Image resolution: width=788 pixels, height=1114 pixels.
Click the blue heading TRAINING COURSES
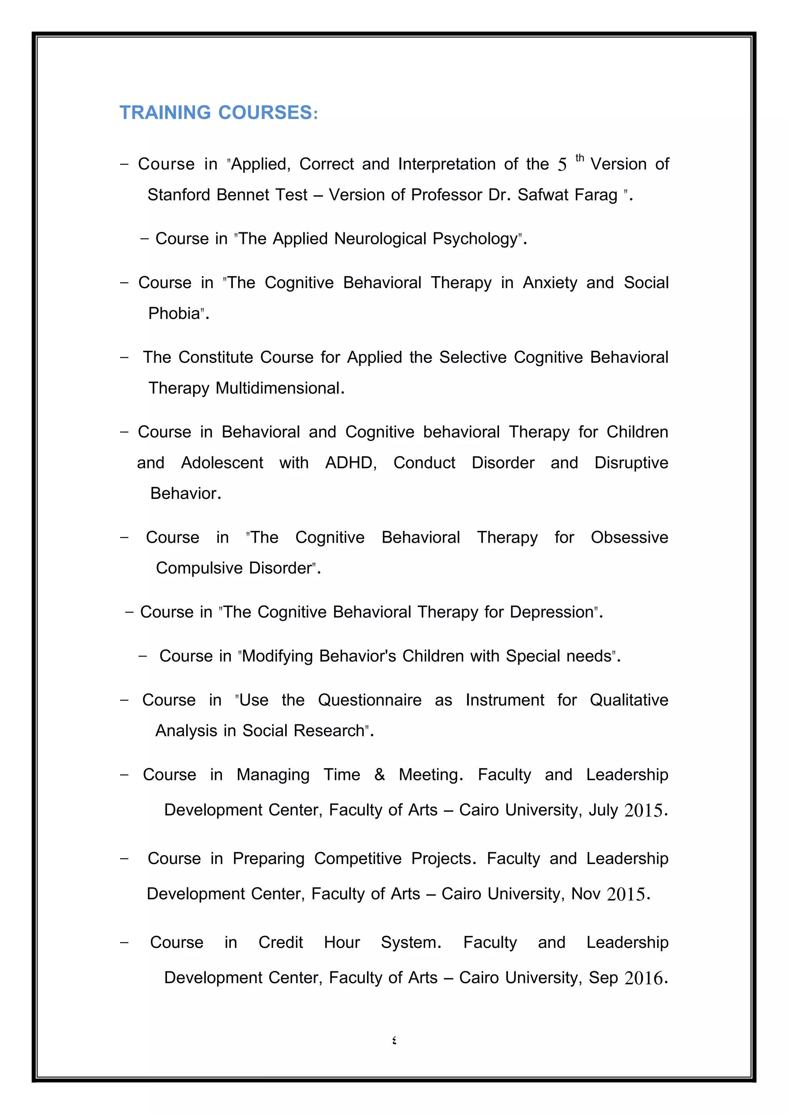[x=218, y=113]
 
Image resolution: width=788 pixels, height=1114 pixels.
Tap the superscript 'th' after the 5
[x=579, y=158]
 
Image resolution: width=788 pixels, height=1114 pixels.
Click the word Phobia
[x=174, y=314]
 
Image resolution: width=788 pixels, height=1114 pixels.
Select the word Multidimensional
[x=279, y=388]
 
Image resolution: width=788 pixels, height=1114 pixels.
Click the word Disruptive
[x=631, y=463]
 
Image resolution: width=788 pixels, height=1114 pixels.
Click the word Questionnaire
[x=370, y=700]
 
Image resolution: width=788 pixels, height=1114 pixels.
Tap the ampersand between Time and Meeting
[x=379, y=775]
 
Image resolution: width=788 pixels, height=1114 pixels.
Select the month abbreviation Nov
[x=586, y=894]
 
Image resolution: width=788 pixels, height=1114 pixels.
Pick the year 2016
[x=643, y=978]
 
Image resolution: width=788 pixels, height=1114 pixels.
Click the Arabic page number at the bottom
[x=394, y=1040]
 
